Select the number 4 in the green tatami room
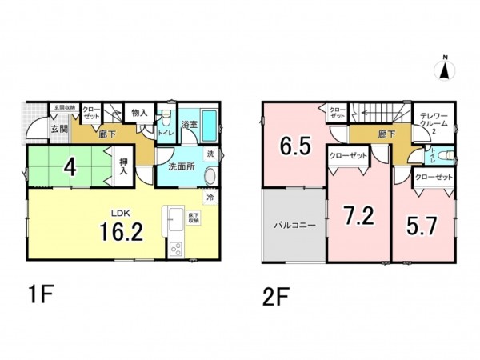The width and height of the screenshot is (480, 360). click(x=70, y=169)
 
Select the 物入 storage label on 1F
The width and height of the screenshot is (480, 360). click(x=139, y=114)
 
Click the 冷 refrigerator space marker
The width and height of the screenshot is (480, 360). click(x=210, y=196)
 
